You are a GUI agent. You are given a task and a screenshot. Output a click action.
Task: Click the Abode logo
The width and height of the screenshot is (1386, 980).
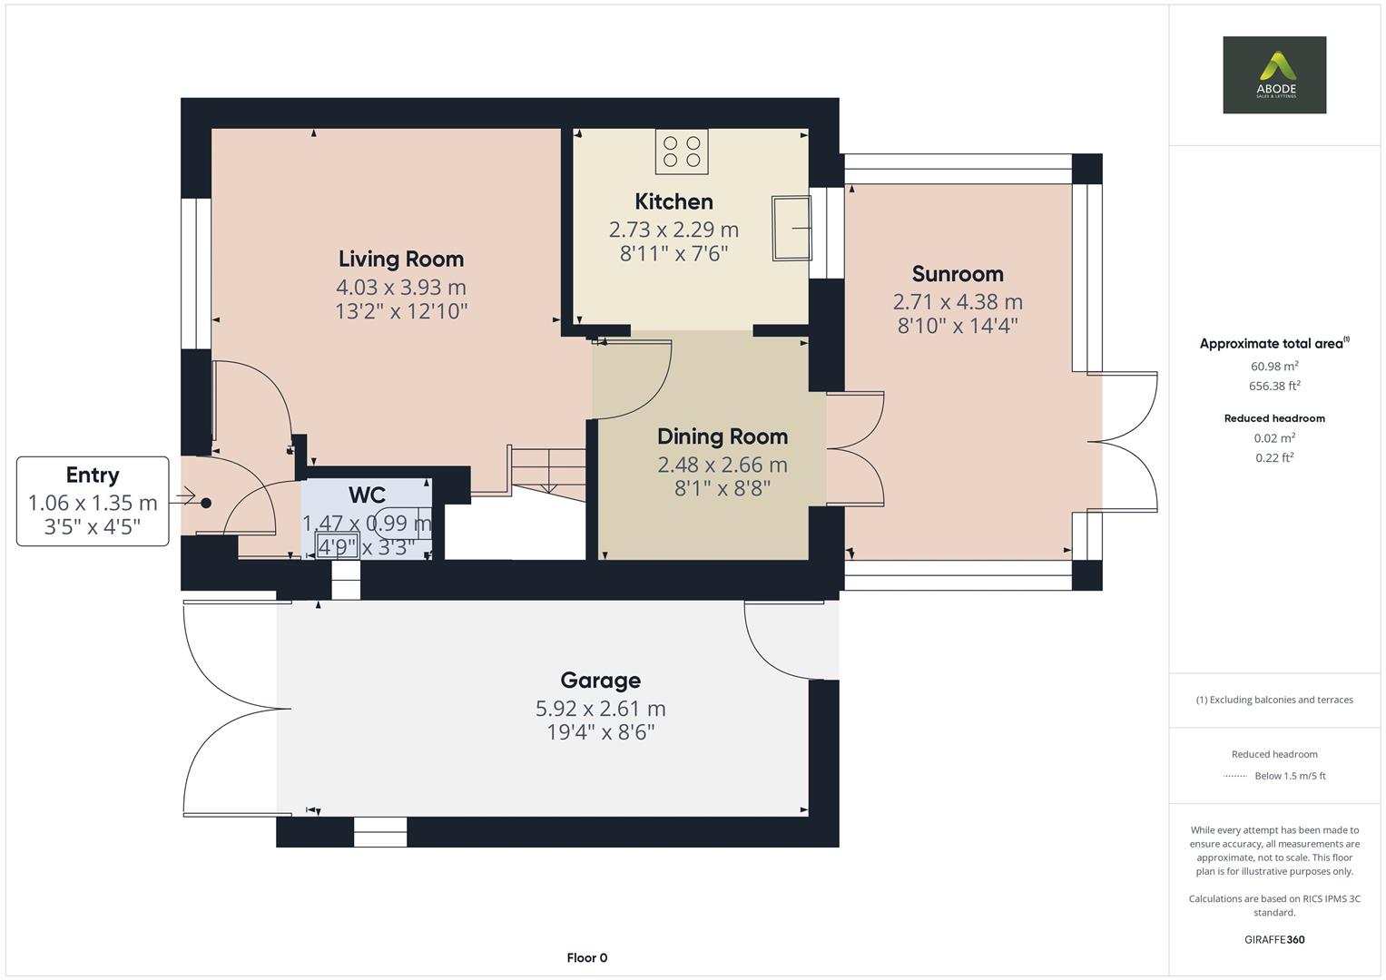[x=1273, y=75]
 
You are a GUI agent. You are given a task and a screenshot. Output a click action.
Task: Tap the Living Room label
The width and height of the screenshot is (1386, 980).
[x=400, y=260]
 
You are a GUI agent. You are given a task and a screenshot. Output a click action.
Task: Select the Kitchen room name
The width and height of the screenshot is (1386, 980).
[x=673, y=201]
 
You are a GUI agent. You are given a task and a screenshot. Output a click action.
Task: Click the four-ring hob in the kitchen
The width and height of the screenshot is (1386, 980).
[x=682, y=152]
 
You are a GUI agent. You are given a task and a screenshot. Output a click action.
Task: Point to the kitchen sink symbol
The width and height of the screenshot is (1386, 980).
[x=791, y=229]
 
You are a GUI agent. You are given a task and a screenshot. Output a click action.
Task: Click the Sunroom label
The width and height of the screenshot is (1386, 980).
[x=958, y=274]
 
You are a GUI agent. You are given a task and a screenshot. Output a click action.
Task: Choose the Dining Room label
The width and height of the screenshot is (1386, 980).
[x=722, y=436]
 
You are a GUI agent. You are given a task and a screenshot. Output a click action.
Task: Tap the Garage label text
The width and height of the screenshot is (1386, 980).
[x=600, y=681]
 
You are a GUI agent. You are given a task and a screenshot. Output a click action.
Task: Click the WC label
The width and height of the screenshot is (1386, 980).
[x=367, y=495]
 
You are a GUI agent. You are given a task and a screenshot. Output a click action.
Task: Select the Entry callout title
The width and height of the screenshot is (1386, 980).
[x=93, y=475]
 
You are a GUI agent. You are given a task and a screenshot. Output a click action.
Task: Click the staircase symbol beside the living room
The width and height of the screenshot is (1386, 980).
[x=547, y=470]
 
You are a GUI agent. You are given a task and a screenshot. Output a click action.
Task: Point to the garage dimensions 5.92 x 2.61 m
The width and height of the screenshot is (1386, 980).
[x=600, y=709]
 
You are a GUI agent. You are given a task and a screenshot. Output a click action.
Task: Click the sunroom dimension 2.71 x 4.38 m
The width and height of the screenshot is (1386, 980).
[x=958, y=302]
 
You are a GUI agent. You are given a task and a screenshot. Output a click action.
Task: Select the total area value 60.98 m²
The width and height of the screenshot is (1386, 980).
[x=1273, y=367]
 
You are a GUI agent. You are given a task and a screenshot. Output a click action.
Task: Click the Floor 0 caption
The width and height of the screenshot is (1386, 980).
[x=586, y=958]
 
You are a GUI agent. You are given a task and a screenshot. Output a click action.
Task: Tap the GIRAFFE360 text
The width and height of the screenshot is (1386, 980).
[x=1273, y=940]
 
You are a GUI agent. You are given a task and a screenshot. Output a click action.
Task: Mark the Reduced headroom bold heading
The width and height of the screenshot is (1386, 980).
[x=1273, y=418]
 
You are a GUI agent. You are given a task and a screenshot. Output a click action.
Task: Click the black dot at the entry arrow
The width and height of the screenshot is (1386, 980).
[x=206, y=503]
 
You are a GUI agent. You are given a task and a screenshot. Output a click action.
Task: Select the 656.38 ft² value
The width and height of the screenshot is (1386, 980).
[x=1273, y=387]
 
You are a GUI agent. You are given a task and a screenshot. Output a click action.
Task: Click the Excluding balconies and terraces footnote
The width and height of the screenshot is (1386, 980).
[x=1273, y=700]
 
